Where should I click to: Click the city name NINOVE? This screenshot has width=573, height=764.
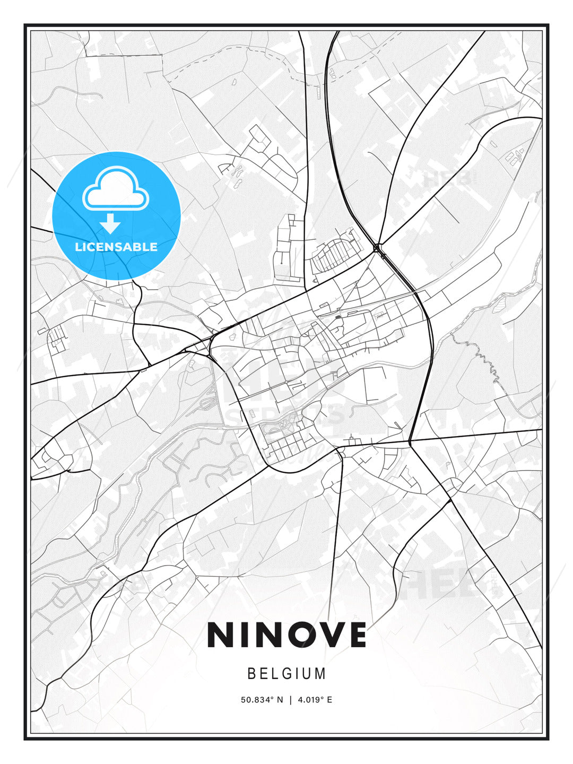tap(286, 635)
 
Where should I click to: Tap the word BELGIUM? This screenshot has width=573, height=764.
tap(286, 674)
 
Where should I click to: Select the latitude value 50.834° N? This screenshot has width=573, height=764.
tap(262, 700)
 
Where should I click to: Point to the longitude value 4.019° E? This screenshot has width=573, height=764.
tap(315, 700)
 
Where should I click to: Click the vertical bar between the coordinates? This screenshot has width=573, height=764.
tap(290, 700)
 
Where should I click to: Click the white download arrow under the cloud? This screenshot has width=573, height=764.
tap(110, 224)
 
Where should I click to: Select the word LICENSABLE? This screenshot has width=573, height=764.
tap(116, 247)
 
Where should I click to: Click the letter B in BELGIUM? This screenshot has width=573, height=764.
tap(253, 674)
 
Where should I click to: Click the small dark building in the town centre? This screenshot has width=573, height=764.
tap(338, 317)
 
